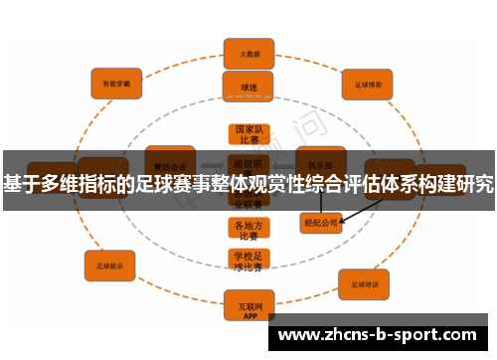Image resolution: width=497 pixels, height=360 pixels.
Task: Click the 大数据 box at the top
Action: click(248, 54)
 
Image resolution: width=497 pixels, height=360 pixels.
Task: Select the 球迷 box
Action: click(248, 87)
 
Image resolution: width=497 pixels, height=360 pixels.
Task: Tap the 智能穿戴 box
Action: click(116, 83)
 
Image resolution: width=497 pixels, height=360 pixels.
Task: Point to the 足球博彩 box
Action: click(369, 85)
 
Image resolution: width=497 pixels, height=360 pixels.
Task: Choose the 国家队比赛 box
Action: click(248, 135)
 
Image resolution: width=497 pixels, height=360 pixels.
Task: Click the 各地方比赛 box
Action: click(248, 230)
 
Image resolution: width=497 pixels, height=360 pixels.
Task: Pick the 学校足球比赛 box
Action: click(248, 262)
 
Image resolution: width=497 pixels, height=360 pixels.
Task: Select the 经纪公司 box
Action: click(320, 223)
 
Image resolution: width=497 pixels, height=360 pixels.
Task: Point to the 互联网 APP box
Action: click(248, 302)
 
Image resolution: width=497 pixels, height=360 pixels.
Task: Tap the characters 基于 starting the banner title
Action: click(21, 183)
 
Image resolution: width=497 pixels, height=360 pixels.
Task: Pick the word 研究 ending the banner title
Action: click(474, 183)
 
